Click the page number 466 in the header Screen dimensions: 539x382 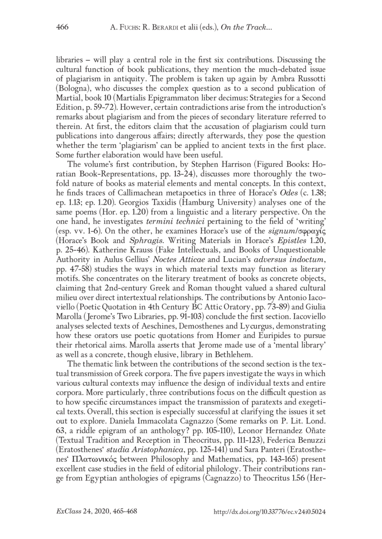[x=63, y=27]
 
